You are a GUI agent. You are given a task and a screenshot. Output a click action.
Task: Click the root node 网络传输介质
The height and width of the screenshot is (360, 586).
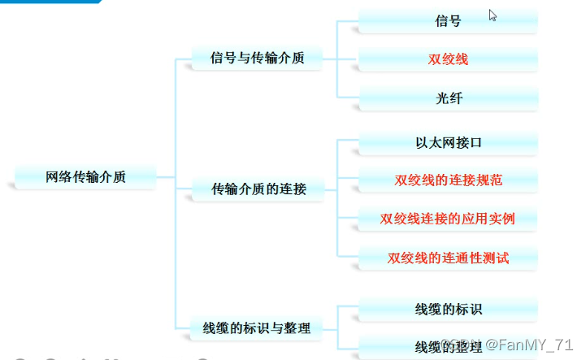[x=85, y=176]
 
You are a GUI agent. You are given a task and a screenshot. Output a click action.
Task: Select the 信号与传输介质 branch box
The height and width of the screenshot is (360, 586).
[x=256, y=59]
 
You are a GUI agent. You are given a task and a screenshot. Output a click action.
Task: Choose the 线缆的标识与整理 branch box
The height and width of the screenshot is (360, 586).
[x=256, y=328]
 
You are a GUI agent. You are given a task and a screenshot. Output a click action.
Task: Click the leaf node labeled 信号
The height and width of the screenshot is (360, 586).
[x=448, y=21]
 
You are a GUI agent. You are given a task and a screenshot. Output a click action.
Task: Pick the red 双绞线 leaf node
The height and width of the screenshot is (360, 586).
[x=448, y=59]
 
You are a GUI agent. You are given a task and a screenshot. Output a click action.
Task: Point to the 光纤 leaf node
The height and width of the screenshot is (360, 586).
[x=448, y=98]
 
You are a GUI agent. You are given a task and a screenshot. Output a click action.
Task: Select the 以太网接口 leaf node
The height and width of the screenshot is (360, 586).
[x=448, y=143]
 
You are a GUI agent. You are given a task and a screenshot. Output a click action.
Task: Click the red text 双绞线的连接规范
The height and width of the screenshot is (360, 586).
[x=448, y=180]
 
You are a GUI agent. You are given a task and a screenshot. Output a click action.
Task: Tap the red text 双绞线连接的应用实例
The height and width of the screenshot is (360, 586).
[x=448, y=219]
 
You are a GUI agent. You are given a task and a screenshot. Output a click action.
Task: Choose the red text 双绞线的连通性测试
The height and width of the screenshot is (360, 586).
[x=448, y=258]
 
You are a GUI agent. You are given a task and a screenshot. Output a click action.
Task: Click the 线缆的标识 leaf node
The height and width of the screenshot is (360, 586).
[x=448, y=310]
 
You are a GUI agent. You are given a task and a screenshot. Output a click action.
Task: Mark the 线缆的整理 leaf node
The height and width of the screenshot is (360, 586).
[x=448, y=347]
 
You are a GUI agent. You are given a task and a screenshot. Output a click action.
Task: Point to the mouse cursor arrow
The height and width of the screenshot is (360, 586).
[x=493, y=15]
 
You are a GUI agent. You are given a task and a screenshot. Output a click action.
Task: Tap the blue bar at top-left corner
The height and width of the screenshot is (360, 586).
[x=49, y=2]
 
